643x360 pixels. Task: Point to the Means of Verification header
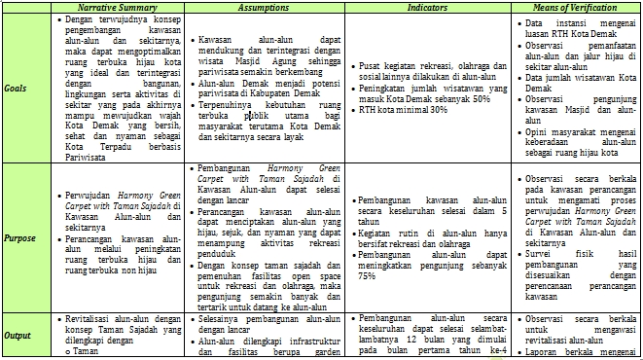pos(579,7)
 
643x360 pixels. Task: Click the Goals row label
pos(16,88)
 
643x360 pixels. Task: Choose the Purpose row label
pos(18,236)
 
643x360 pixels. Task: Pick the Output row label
pos(17,335)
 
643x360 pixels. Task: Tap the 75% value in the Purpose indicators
pos(367,275)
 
